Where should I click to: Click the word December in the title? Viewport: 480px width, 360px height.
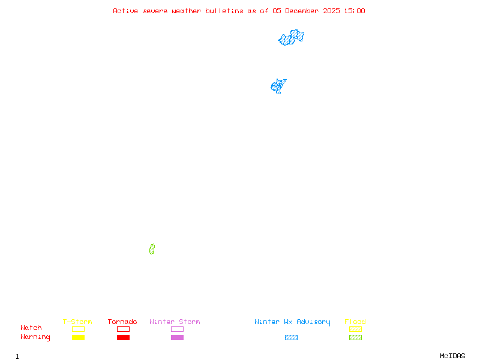(304, 11)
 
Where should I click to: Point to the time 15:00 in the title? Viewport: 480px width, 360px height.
(355, 11)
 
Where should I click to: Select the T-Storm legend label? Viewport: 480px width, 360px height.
(77, 322)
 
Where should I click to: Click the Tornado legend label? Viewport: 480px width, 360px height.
(122, 322)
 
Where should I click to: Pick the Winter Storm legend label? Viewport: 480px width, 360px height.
(175, 322)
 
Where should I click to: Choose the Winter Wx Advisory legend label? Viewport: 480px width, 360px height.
(292, 322)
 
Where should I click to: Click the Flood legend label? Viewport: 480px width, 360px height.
(355, 322)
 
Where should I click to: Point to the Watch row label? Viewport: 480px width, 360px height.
(31, 328)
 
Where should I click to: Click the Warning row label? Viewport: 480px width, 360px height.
(35, 337)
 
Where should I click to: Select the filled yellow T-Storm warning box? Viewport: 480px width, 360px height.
(78, 338)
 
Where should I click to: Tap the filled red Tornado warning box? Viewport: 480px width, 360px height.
(123, 338)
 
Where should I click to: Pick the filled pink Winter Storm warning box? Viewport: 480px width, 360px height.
(177, 338)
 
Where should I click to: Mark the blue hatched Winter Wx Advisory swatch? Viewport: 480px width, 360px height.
(291, 338)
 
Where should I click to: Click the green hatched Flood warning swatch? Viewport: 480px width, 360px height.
(355, 338)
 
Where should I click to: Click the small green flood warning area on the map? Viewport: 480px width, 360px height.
(152, 249)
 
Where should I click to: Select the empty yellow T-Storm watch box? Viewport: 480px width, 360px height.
(78, 329)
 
